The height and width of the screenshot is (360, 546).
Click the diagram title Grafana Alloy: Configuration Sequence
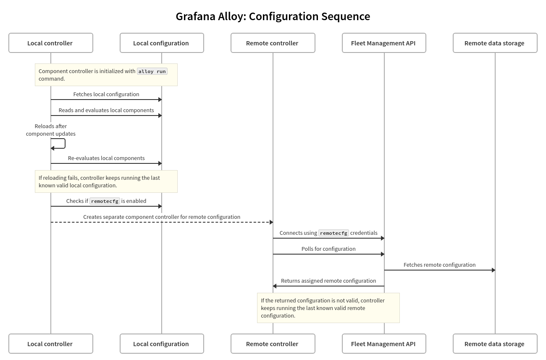273,16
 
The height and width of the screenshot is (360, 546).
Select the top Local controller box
50,43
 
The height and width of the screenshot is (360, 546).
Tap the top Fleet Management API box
384,43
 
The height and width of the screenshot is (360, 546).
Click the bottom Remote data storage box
495,344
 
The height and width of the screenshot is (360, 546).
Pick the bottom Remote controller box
273,344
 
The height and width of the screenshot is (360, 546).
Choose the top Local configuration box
162,43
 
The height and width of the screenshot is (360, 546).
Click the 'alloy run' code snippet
152,71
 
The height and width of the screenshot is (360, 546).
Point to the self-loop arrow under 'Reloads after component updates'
61,143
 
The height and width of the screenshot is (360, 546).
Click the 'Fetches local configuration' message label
106,94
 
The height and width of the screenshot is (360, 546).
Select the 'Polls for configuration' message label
328,249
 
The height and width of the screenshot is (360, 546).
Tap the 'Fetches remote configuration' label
439,265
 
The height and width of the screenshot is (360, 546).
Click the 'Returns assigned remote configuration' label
328,281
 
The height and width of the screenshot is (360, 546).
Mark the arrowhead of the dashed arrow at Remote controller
271,222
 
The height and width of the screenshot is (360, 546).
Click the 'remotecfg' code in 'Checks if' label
105,201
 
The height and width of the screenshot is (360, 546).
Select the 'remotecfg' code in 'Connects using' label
333,233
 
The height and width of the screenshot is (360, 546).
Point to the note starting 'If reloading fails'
106,181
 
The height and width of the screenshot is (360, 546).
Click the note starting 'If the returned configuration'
328,308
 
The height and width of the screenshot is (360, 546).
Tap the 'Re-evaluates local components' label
106,158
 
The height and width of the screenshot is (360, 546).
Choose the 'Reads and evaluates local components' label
106,110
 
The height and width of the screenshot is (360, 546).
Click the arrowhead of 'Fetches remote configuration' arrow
493,270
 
